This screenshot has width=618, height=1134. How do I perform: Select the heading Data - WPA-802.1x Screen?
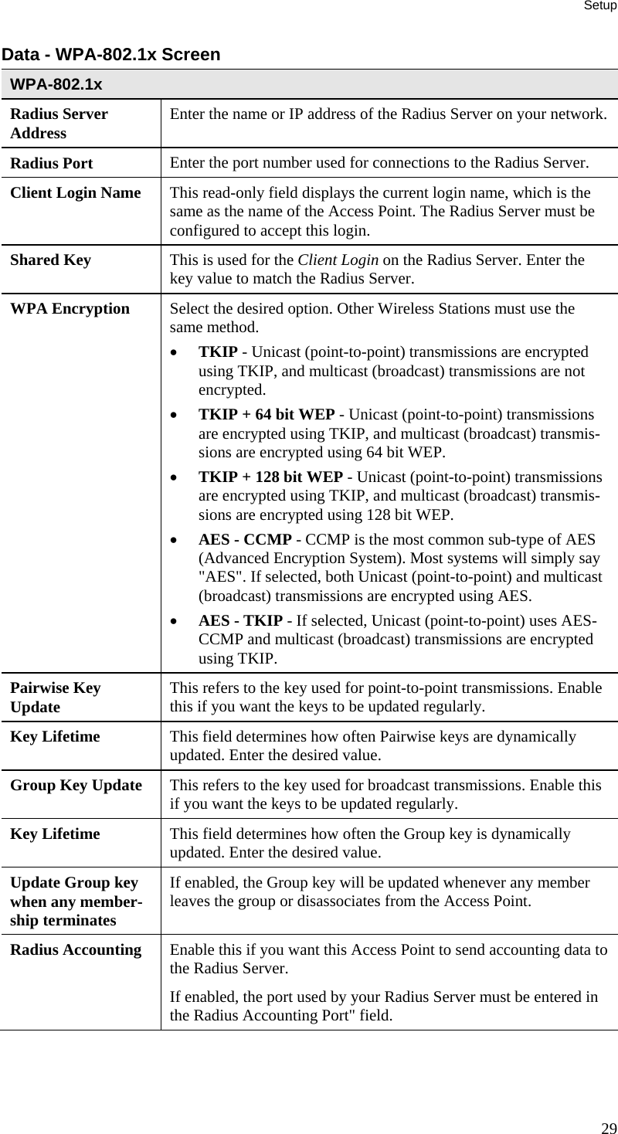110,55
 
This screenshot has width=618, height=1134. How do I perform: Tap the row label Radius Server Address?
59,124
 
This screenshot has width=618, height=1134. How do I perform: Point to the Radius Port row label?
51,164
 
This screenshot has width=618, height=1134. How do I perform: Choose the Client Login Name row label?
76,193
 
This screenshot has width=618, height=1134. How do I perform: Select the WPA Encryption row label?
70,309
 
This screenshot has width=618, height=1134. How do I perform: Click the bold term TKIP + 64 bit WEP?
267,415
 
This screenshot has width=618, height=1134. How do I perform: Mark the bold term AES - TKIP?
240,622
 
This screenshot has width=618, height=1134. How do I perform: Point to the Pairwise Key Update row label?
56,698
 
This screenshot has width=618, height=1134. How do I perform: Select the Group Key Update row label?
76,786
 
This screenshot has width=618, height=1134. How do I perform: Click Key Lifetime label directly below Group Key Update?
55,834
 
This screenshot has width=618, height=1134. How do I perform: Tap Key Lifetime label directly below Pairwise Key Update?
55,737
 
